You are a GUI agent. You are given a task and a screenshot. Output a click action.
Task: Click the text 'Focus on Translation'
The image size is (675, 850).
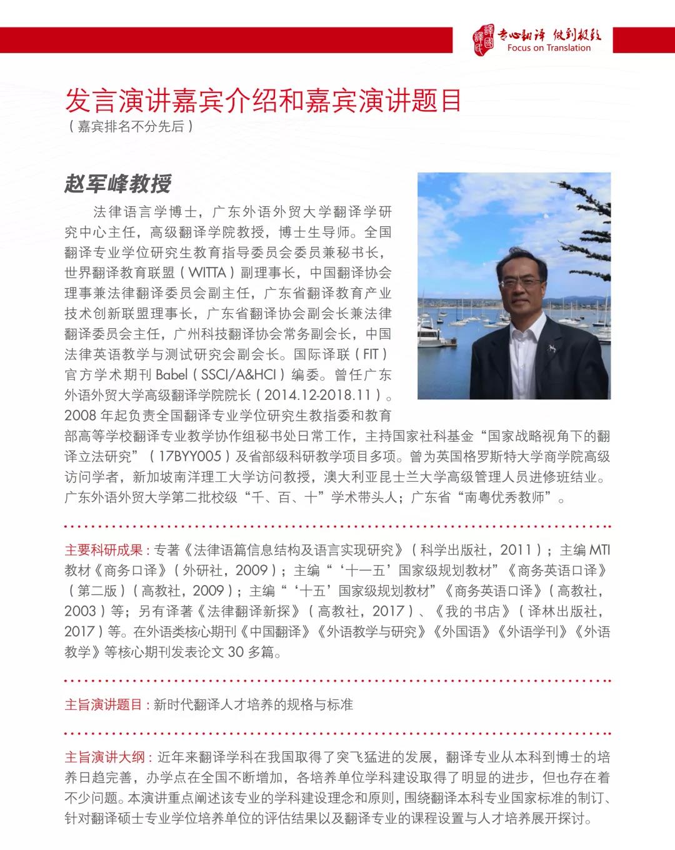click(x=549, y=48)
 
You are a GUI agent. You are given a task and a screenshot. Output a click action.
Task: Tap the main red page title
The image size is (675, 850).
click(x=263, y=100)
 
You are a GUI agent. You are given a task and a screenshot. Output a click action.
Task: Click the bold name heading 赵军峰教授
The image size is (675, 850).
click(x=117, y=184)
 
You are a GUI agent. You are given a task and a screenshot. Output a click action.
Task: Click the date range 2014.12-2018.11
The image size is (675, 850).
click(x=322, y=396)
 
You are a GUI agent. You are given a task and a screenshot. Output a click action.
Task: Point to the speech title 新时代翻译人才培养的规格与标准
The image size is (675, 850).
click(x=253, y=704)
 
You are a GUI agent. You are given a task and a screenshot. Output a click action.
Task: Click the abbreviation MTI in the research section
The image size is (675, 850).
click(x=599, y=550)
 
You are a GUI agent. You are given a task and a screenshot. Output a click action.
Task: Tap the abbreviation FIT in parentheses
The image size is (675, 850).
click(x=371, y=354)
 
